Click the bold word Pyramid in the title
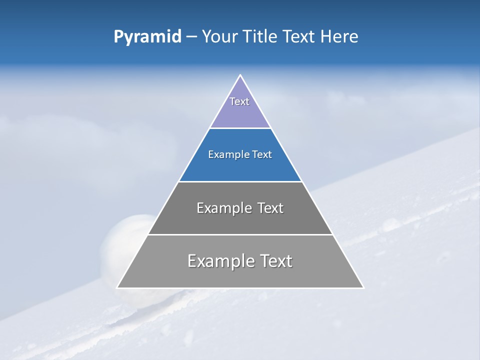point(147,36)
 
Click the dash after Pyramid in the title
point(191,37)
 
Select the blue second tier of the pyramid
point(240,167)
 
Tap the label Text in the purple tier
point(239,101)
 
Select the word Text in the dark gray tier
point(270,208)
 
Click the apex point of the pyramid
point(240,75)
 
